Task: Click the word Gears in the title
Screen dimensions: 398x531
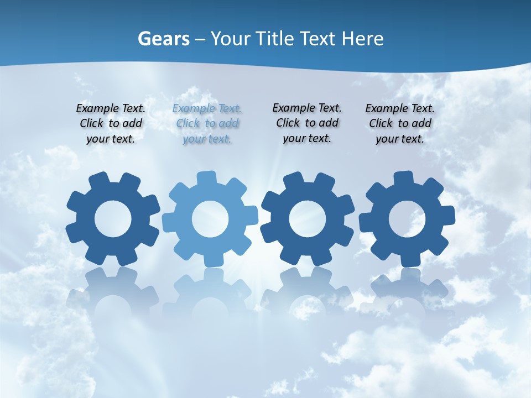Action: pos(163,39)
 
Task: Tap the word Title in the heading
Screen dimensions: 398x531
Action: pos(273,39)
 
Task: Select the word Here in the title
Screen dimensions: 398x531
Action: pos(362,39)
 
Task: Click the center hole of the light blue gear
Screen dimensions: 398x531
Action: pos(210,219)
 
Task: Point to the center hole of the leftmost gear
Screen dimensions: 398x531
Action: pos(113,219)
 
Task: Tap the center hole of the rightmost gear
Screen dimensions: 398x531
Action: pos(407,219)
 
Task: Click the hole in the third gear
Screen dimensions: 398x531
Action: pos(308,219)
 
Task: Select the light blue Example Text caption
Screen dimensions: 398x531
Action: pos(207,124)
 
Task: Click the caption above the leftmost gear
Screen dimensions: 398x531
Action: pos(111,124)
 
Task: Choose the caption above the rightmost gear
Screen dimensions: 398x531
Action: pos(400,124)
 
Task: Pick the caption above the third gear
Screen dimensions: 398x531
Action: pos(307,123)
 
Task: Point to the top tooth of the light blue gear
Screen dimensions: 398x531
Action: pos(207,178)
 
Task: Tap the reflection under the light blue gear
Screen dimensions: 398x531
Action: pos(210,293)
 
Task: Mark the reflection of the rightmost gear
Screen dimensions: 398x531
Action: pos(408,290)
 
